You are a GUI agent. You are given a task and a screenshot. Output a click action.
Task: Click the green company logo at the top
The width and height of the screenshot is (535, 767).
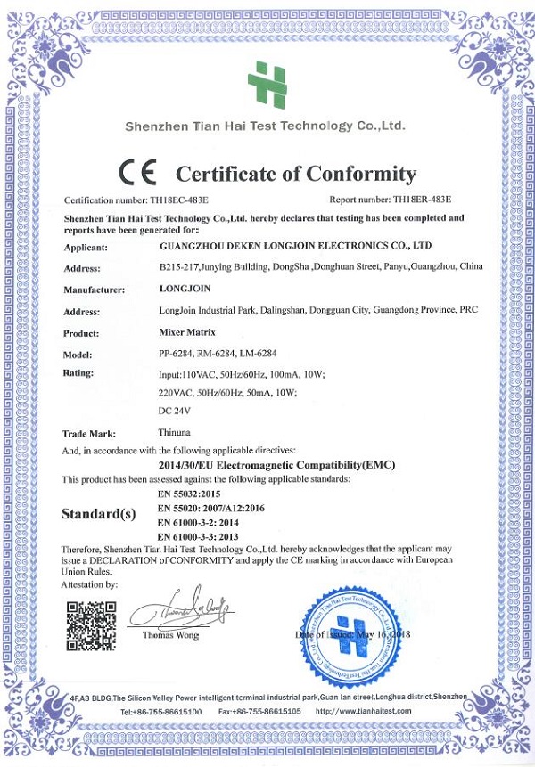[x=267, y=84]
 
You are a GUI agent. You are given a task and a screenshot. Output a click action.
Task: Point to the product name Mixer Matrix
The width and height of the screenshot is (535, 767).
[x=187, y=331]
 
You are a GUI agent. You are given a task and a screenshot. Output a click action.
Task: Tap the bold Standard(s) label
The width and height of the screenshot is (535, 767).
[x=98, y=514]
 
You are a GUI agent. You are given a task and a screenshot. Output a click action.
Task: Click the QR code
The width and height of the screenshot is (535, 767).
[x=91, y=626]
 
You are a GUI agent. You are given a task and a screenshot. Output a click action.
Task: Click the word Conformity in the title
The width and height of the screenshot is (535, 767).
[x=361, y=173]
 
